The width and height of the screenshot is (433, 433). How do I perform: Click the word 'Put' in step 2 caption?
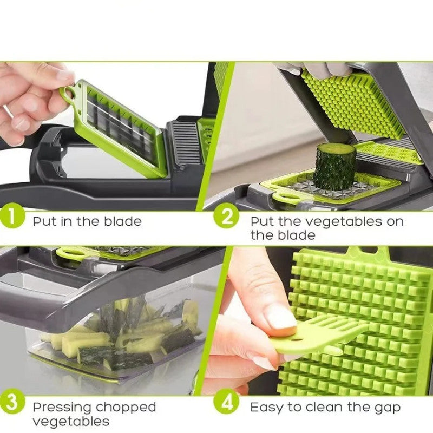pyautogui.click(x=262, y=221)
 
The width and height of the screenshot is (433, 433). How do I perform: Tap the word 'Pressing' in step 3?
pyautogui.click(x=61, y=407)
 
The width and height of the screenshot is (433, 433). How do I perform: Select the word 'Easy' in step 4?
pyautogui.click(x=267, y=407)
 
